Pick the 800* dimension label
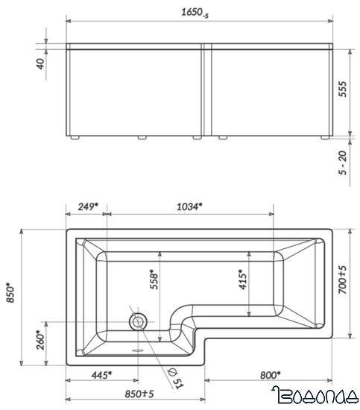[270, 374]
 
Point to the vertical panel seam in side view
[203, 91]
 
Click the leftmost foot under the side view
[75, 138]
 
